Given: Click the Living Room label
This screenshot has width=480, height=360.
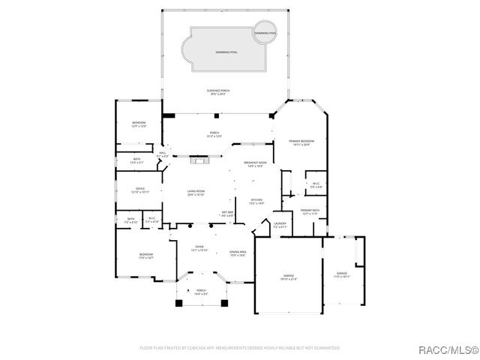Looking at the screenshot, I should pos(196,193).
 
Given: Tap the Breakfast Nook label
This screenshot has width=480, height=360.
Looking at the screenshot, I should pos(253,164).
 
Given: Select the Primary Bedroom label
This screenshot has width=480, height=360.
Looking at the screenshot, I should pos(298,142).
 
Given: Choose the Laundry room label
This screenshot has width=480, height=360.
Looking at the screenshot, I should pos(280,224).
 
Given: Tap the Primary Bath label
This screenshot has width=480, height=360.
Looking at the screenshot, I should pos(310,211).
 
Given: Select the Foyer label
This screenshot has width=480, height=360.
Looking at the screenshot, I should pos(199,248).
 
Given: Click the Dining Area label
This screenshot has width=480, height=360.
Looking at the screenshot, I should pos(238,253).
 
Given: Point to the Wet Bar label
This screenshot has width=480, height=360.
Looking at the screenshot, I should pos(226,214).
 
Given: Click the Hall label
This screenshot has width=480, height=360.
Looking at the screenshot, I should pos(162,154).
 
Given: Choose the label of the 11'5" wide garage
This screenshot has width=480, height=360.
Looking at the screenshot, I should pos(341,274).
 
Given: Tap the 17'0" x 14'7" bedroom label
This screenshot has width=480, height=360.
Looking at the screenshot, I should pos(145,256).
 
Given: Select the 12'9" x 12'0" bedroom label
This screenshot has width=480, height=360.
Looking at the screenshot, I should pos(139,124).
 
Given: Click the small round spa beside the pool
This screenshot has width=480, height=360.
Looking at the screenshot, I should pos(265,34).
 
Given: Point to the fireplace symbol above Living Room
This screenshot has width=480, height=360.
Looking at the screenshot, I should pos(199,160).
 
